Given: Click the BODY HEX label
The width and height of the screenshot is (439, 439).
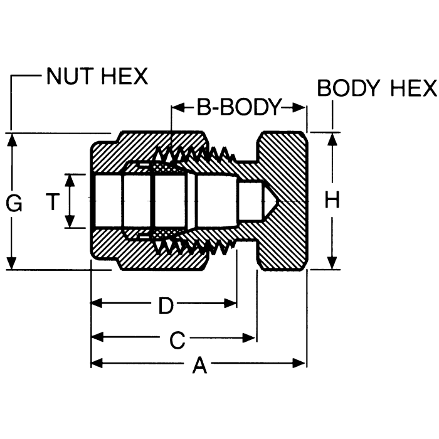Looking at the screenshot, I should pos(376,88).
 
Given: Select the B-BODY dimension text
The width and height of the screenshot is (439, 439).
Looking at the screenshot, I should pos(238,107).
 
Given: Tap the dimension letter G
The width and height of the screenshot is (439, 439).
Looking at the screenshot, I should pos(14,203).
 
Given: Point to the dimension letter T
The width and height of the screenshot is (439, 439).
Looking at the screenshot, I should pos(54,202).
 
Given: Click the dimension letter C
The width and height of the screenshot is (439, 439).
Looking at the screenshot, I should pos(177,341).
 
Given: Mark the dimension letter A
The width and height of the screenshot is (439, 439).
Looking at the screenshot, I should pos(199,366).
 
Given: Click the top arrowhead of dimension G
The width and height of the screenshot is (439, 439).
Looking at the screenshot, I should pos(11,139).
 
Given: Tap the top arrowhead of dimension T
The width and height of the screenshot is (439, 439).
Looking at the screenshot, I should pos(71,179).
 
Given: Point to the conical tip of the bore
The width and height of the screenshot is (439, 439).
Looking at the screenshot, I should pos(270,201).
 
